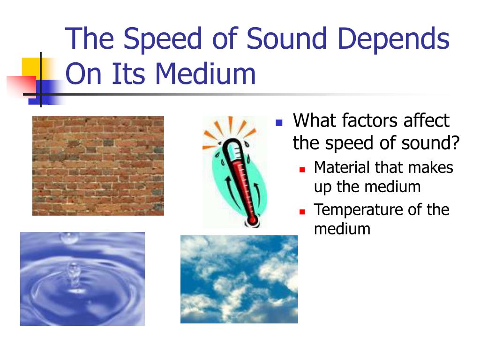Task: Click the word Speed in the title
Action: (x=163, y=39)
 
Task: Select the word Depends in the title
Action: (x=393, y=39)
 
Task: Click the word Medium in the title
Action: (x=205, y=74)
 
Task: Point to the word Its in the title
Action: (x=128, y=74)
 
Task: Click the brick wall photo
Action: (x=98, y=166)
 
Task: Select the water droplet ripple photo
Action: (x=82, y=279)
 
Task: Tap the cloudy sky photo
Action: (x=239, y=279)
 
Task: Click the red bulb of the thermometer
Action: (x=252, y=220)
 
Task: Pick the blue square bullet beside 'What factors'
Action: (x=279, y=123)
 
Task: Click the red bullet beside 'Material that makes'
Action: (x=302, y=170)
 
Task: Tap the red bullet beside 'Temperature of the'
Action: (x=302, y=211)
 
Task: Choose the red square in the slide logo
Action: (x=22, y=87)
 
